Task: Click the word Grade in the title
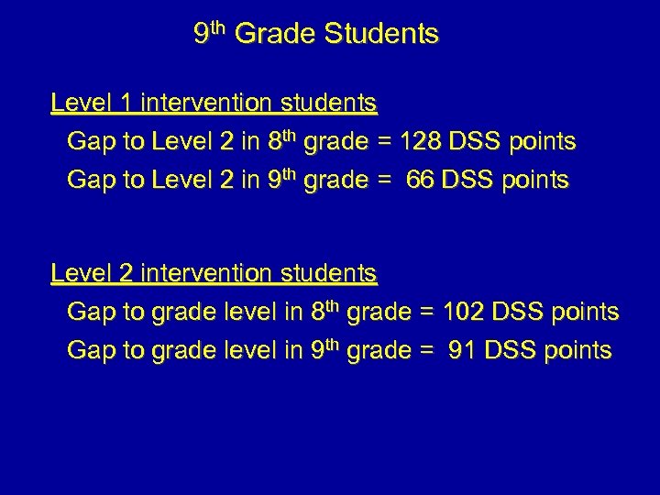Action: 274,35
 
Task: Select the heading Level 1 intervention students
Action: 214,103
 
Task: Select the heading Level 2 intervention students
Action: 214,273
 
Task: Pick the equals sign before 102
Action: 425,313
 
